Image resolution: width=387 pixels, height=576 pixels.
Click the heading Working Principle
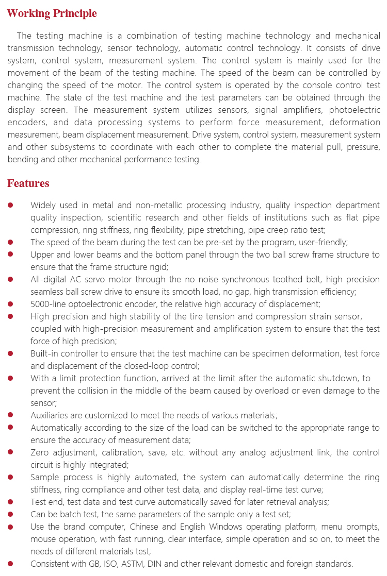click(x=52, y=13)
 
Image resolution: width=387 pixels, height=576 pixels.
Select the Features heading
click(x=28, y=183)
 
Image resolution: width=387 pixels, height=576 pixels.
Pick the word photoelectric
click(x=357, y=110)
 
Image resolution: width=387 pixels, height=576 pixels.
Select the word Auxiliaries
click(x=50, y=415)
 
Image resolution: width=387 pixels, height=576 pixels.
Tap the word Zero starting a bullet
click(x=40, y=452)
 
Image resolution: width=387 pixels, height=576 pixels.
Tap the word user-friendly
click(x=322, y=242)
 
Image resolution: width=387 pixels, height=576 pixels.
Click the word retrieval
click(x=284, y=501)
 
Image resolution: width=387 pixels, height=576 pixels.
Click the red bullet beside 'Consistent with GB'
click(x=11, y=563)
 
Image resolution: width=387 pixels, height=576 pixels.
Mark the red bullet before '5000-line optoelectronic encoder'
click(x=11, y=304)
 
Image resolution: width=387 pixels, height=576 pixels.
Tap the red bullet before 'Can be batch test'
click(x=11, y=514)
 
